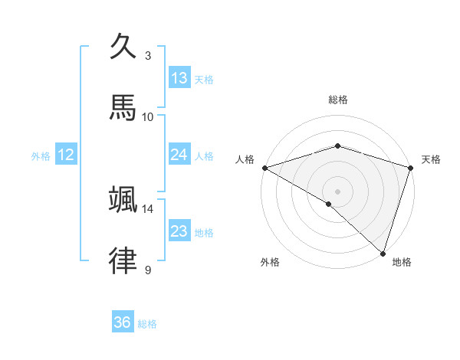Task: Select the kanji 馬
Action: click(x=123, y=107)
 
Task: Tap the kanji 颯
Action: click(x=123, y=199)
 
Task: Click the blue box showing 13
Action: click(x=179, y=78)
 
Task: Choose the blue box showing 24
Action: click(x=179, y=155)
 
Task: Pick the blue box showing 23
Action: click(x=179, y=231)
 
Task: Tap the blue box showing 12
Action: click(x=66, y=155)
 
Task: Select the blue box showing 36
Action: click(x=123, y=322)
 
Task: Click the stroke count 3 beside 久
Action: click(x=148, y=55)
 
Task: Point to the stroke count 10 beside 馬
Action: click(x=148, y=116)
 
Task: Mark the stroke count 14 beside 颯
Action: click(x=148, y=208)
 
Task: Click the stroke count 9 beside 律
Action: click(x=148, y=270)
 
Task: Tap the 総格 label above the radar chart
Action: click(x=338, y=100)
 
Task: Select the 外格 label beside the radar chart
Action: click(x=270, y=262)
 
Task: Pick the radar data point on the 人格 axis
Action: click(x=264, y=168)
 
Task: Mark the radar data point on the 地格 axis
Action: click(x=383, y=253)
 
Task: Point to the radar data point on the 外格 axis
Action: click(x=329, y=204)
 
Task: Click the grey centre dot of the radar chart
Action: click(x=338, y=191)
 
